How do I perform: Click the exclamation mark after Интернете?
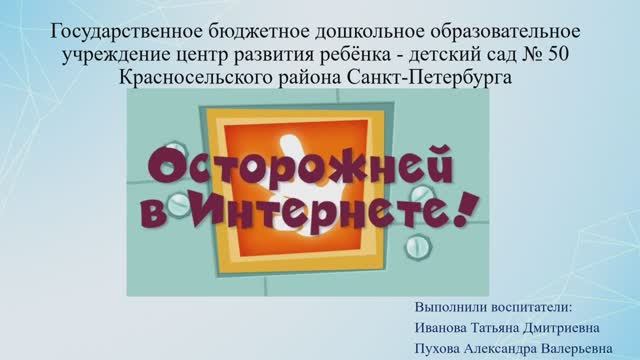pyautogui.click(x=461, y=209)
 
